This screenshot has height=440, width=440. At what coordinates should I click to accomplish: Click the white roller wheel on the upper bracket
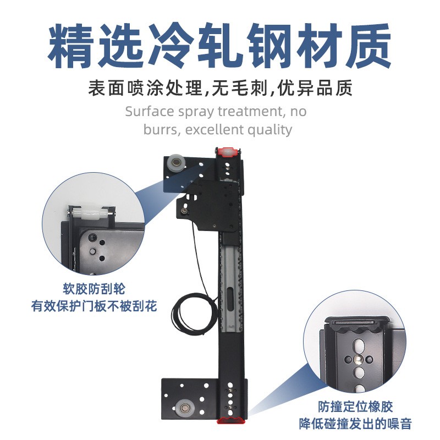177,162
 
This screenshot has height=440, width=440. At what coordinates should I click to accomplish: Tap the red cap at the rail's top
228,152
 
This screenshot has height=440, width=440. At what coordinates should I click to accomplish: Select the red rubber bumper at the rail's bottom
232,420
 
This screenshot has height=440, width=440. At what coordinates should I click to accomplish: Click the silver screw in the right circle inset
359,359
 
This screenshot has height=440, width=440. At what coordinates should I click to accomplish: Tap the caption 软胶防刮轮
94,289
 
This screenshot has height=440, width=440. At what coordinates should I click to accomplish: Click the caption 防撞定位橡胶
355,406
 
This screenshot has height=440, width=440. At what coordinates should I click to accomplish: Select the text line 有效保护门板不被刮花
94,306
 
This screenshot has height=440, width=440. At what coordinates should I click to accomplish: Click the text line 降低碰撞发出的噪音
355,424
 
